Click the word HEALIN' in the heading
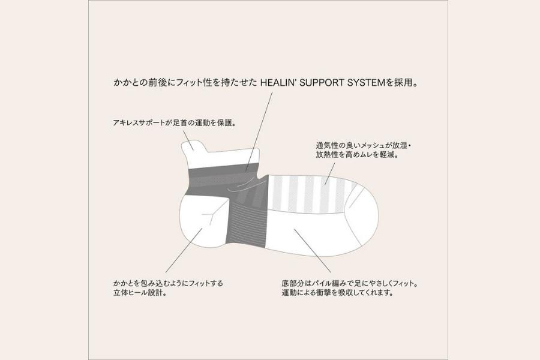coord(278,83)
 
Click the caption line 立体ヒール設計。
coord(140,293)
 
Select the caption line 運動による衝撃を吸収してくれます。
coord(337,293)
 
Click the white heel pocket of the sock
coord(203,220)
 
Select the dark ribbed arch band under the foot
coord(247,224)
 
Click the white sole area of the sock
coord(310,234)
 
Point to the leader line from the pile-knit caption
coord(313,250)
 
